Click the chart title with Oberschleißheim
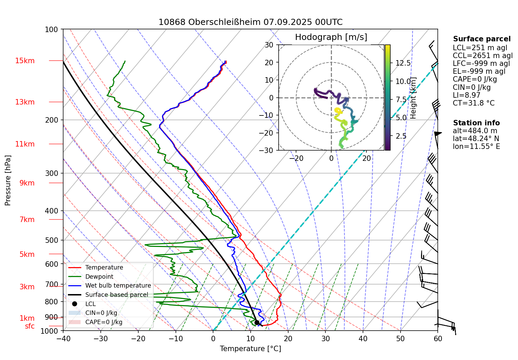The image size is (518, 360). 250,22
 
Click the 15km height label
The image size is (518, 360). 25,61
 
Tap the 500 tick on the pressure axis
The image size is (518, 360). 52,240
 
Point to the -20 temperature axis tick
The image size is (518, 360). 138,338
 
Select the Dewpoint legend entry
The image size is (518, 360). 99,277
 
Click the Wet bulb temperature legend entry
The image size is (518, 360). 118,286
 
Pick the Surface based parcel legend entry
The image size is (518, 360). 116,295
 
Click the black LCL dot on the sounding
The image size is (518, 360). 257,322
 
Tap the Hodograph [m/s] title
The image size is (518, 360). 331,37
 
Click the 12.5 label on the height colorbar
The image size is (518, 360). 403,63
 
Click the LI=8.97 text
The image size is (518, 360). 466,95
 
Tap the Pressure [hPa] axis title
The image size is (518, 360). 8,180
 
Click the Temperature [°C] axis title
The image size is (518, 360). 250,349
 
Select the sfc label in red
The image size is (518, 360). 30,326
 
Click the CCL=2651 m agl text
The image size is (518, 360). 482,56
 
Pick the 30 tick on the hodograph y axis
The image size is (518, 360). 269,45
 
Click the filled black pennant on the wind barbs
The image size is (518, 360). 438,134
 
